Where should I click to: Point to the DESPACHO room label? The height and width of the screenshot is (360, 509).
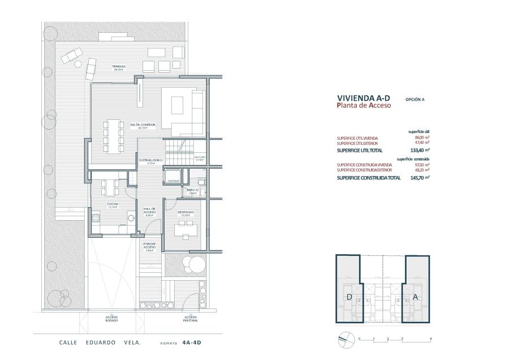pyautogui.click(x=185, y=213)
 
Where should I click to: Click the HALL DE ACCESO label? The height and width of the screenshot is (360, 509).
pyautogui.click(x=150, y=212)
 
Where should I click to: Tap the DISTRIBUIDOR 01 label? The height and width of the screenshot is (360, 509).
pyautogui.click(x=151, y=161)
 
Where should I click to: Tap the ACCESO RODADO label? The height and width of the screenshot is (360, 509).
pyautogui.click(x=111, y=319)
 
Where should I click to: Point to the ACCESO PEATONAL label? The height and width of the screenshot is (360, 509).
pyautogui.click(x=190, y=319)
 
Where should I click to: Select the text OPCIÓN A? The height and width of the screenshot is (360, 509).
pyautogui.click(x=415, y=99)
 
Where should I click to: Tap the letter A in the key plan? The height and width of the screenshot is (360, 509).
pyautogui.click(x=415, y=297)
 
